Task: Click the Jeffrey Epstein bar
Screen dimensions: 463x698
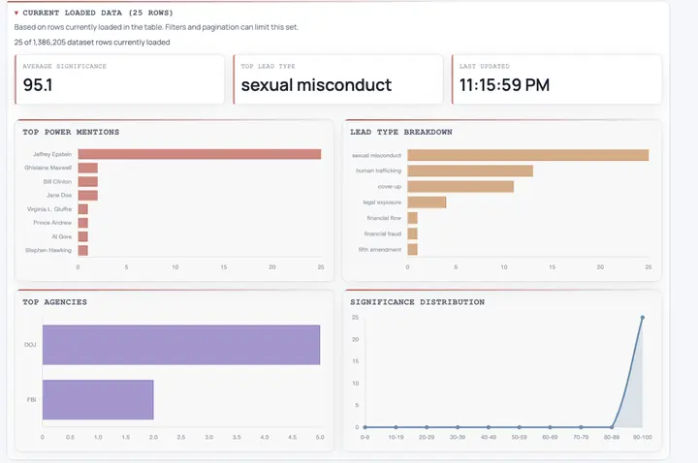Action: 199,154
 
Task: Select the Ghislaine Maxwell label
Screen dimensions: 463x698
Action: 48,168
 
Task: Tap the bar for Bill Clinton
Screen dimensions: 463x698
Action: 88,181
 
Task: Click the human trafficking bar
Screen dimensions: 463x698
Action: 470,170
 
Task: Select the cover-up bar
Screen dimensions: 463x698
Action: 460,186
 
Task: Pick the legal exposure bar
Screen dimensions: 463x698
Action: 427,201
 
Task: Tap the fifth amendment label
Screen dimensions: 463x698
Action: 373,249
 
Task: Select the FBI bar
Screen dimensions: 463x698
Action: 98,399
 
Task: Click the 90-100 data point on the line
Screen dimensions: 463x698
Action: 642,318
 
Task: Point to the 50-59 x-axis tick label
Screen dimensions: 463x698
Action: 519,437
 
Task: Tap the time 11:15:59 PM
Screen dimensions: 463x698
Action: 504,84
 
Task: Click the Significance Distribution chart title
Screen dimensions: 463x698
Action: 417,302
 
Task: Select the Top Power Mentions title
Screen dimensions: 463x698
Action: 71,132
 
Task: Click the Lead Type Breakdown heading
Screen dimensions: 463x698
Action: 400,132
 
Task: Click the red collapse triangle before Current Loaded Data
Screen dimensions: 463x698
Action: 16,13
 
